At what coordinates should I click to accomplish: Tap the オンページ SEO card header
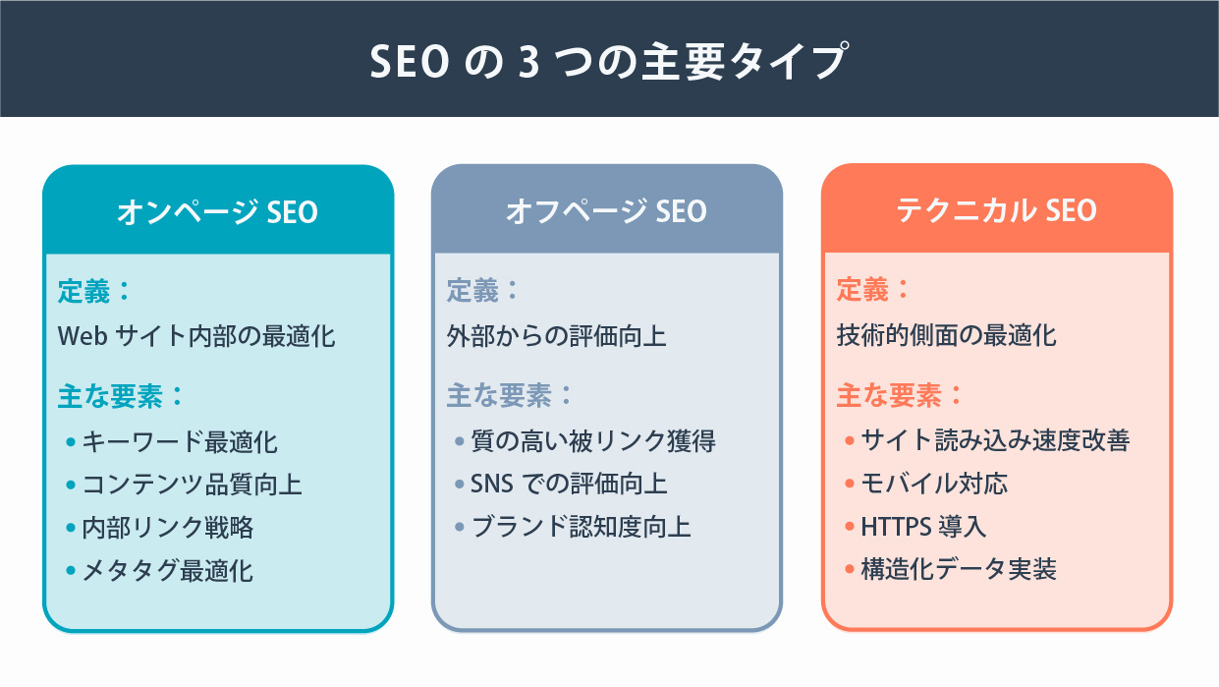coord(217,211)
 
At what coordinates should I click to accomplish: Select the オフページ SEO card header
coord(606,211)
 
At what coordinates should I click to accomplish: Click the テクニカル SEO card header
coord(996,211)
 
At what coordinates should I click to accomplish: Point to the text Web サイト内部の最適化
coord(196,336)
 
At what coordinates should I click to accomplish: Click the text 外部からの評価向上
coord(557,336)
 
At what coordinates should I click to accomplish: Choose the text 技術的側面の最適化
coord(946,336)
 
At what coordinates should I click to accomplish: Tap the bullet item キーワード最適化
coord(180,441)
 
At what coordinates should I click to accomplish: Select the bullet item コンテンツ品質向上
coord(192,485)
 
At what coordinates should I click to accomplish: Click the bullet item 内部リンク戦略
coord(168,528)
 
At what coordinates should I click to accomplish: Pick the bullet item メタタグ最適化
coord(168,571)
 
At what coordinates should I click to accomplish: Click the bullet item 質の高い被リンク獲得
coord(593,441)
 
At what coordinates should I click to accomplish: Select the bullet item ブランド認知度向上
coord(582,528)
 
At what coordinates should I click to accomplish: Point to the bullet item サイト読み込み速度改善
coord(995,441)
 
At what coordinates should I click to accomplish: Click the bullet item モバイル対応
coord(934,485)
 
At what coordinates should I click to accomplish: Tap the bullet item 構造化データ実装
coord(959,571)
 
